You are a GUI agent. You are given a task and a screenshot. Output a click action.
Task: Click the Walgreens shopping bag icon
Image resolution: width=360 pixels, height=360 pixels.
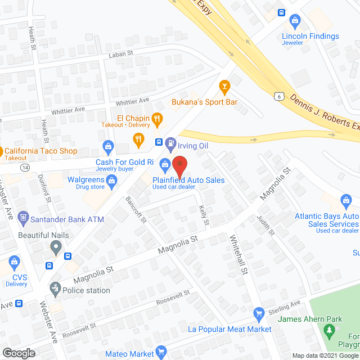111,180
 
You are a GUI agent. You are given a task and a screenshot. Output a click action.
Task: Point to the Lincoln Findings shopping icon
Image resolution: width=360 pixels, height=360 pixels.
294,22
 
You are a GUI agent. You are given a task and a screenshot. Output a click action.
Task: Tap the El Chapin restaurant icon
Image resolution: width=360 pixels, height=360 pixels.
157,118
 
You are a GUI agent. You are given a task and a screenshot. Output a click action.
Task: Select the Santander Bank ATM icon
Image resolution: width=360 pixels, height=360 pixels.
22,217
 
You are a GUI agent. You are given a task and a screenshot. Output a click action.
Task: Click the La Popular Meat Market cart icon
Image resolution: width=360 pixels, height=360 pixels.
259,313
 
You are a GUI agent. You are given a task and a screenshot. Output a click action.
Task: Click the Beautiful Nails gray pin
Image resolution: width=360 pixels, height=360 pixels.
55,246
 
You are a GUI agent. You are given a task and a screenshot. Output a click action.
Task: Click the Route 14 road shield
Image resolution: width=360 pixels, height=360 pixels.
25,167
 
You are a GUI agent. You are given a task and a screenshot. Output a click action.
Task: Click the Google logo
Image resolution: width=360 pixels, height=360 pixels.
19,353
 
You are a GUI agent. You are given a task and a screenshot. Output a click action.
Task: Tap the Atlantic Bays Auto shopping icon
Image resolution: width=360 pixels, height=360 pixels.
346,200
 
